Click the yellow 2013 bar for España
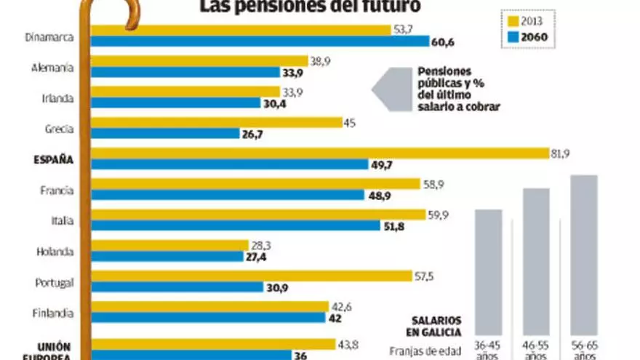pos(320,153)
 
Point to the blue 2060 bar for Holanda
pos(168,256)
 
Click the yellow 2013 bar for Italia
pos(258,215)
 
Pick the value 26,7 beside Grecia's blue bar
pos(252,134)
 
